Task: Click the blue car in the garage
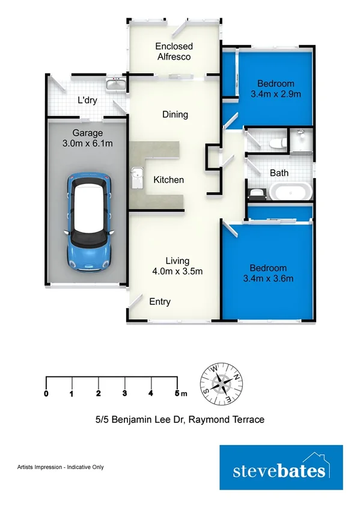click(89, 222)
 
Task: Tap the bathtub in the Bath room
click(290, 191)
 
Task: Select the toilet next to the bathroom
click(278, 143)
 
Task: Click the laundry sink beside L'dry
click(115, 84)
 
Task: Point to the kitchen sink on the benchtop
click(137, 177)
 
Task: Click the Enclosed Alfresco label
click(174, 51)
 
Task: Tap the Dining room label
click(175, 114)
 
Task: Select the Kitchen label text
click(169, 180)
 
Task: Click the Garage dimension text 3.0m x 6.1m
click(88, 143)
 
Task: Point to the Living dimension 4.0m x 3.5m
click(177, 271)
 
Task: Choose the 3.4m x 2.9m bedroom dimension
click(276, 94)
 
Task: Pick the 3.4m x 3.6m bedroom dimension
click(269, 278)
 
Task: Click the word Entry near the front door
click(160, 302)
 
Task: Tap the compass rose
click(221, 384)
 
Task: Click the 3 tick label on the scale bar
click(124, 393)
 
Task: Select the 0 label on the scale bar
click(46, 393)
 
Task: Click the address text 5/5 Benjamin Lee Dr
click(140, 420)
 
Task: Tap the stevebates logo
click(281, 467)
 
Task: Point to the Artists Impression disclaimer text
click(61, 467)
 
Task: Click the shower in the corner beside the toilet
click(301, 140)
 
